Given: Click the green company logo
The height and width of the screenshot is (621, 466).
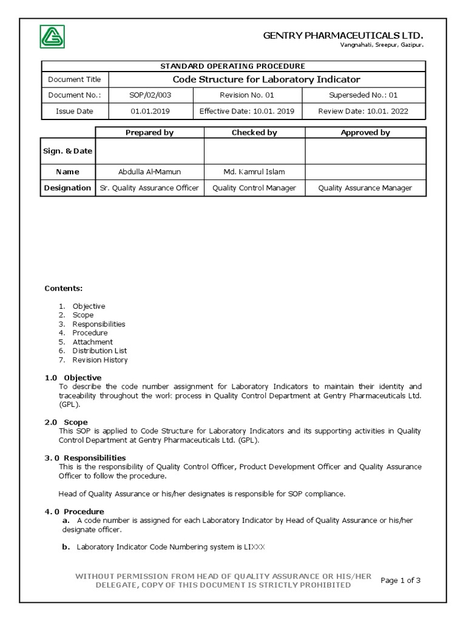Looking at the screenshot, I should pyautogui.click(x=52, y=37).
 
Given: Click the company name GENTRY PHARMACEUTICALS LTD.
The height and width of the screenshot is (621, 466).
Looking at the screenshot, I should pyautogui.click(x=343, y=36).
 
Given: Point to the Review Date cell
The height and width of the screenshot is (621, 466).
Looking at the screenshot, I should pyautogui.click(x=363, y=111).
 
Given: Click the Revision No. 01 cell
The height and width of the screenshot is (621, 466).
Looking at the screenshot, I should pyautogui.click(x=247, y=95).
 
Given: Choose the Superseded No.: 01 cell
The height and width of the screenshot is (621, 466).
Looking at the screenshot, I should pyautogui.click(x=363, y=95).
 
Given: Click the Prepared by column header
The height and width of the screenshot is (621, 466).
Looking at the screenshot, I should pyautogui.click(x=149, y=132).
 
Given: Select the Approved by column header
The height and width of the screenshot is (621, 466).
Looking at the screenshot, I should pyautogui.click(x=365, y=132).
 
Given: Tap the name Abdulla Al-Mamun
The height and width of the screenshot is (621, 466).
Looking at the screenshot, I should pyautogui.click(x=149, y=172).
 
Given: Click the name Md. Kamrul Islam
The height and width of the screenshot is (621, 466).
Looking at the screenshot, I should pyautogui.click(x=254, y=172).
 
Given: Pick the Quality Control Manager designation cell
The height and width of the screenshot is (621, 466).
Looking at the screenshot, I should pyautogui.click(x=254, y=188).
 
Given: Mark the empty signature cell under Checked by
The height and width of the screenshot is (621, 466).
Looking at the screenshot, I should pyautogui.click(x=254, y=151).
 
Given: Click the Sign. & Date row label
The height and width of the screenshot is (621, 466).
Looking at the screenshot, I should pyautogui.click(x=67, y=151).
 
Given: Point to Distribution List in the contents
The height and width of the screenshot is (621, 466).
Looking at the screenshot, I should pyautogui.click(x=100, y=351).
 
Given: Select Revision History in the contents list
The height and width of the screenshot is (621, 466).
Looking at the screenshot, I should pyautogui.click(x=100, y=360).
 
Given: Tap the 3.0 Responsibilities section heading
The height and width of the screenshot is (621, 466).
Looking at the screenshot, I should pyautogui.click(x=86, y=458).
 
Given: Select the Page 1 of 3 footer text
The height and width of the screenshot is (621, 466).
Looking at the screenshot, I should pyautogui.click(x=400, y=580).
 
